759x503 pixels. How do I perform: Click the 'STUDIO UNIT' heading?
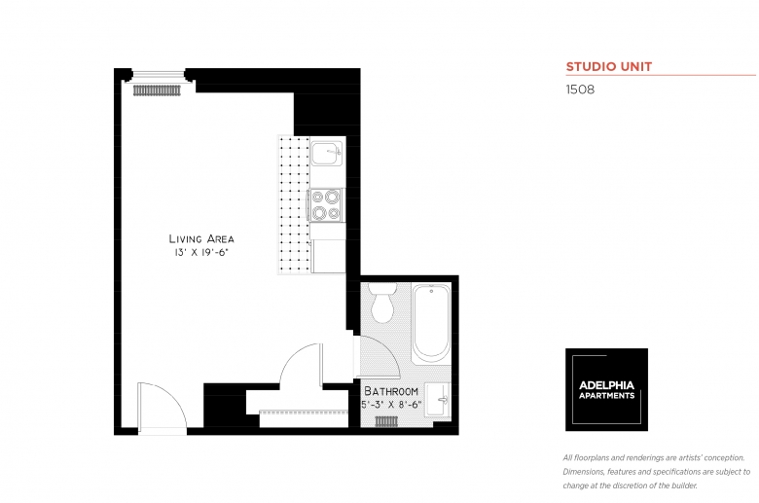point(609,67)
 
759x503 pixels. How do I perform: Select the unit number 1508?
point(580,90)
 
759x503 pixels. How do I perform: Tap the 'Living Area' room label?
point(201,238)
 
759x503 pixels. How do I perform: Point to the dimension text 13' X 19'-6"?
point(200,252)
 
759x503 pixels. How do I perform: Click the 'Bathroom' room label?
point(391,391)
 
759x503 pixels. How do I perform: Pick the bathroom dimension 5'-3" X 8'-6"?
point(391,405)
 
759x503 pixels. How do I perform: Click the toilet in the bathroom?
point(382,303)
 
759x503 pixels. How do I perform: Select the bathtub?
point(431,323)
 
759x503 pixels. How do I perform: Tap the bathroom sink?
point(438,400)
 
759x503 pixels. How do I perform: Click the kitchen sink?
point(327,153)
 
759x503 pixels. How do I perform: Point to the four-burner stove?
point(326,204)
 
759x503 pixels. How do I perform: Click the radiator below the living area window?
point(157,90)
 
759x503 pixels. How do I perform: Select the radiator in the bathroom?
point(386,421)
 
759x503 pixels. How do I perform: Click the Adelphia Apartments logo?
point(606,390)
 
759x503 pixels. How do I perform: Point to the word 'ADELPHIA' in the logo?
point(606,385)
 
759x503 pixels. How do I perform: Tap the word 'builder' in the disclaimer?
point(684,485)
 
